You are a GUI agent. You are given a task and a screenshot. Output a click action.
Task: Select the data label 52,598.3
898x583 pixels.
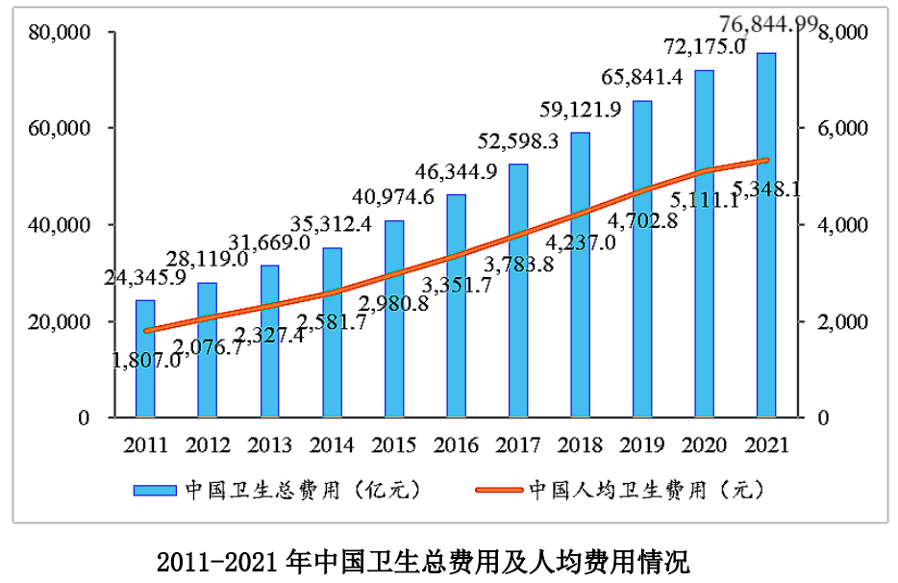click(518, 142)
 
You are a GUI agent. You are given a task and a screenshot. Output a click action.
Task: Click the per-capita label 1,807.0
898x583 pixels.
click(147, 361)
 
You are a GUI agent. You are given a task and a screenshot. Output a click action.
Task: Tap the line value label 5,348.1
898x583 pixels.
click(766, 189)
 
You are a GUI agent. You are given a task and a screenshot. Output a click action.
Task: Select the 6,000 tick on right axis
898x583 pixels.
click(842, 129)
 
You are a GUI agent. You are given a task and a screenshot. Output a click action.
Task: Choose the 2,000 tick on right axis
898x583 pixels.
click(842, 321)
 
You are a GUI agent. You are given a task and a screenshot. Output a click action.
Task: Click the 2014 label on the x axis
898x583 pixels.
click(332, 444)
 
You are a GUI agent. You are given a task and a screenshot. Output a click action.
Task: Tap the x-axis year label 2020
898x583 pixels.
click(705, 444)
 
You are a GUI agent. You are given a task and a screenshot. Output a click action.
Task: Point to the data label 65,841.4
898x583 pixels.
click(642, 78)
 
